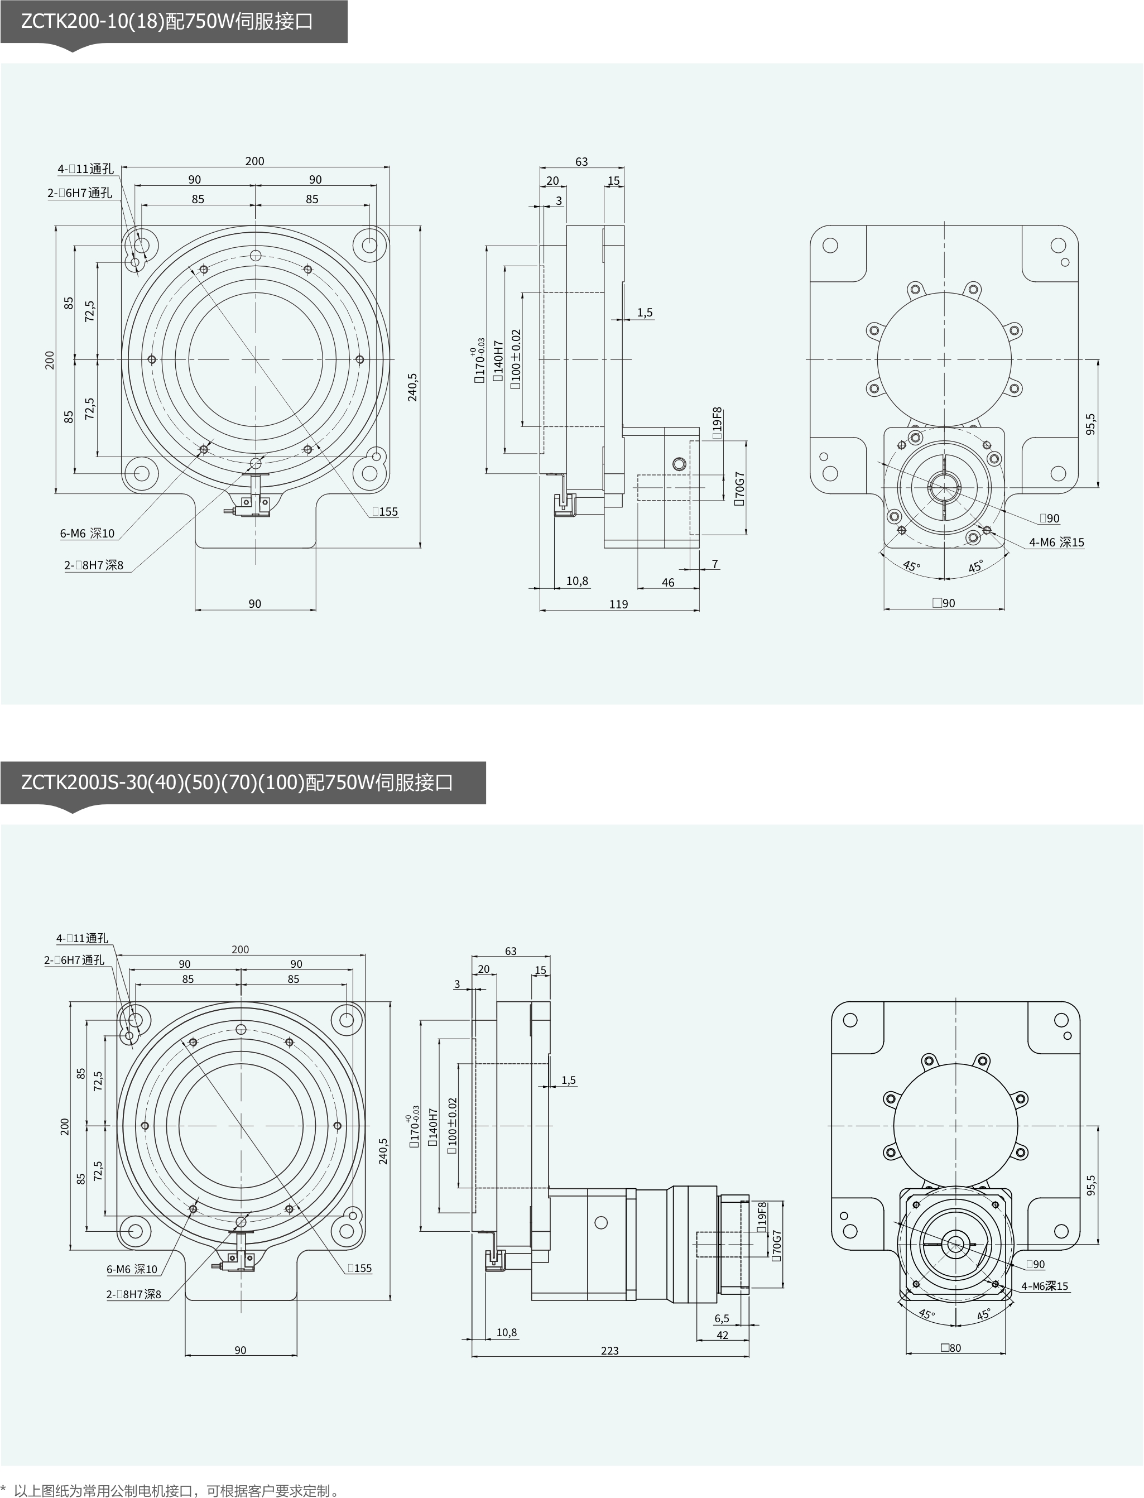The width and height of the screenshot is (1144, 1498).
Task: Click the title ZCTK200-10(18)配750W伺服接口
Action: pyautogui.click(x=167, y=22)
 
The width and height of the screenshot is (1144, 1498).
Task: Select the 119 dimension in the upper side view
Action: pyautogui.click(x=618, y=604)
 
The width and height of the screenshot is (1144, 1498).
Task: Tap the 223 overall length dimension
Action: pyautogui.click(x=609, y=1351)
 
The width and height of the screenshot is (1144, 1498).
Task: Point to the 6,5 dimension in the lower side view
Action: pyautogui.click(x=722, y=1318)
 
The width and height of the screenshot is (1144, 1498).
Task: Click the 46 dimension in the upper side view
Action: pyautogui.click(x=668, y=582)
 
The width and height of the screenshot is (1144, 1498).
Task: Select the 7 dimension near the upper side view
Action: pyautogui.click(x=715, y=564)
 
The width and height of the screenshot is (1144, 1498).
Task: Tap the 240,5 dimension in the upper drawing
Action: pyautogui.click(x=412, y=387)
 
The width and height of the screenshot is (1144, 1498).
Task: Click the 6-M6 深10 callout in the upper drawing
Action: pyautogui.click(x=87, y=533)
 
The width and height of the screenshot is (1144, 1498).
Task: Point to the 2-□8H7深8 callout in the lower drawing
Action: pyautogui.click(x=133, y=1294)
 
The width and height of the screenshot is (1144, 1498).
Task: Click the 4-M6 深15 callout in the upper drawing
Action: pyautogui.click(x=1056, y=542)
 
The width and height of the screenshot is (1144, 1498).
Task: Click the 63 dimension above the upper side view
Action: pyautogui.click(x=581, y=161)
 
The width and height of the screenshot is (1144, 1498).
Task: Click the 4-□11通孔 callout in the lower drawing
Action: pyautogui.click(x=81, y=938)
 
